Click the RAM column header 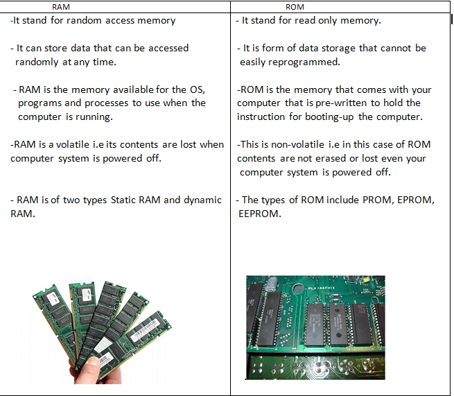[62, 6]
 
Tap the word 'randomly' [40, 62]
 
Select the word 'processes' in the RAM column [95, 103]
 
